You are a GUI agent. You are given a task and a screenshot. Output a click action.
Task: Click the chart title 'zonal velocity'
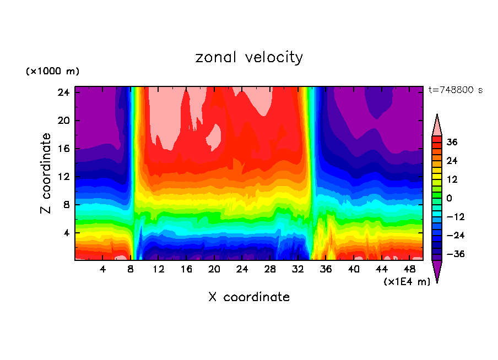pyautogui.click(x=249, y=57)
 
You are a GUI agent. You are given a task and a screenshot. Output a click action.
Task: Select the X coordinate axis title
pyautogui.click(x=249, y=297)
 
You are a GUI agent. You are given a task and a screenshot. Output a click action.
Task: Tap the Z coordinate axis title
pyautogui.click(x=46, y=173)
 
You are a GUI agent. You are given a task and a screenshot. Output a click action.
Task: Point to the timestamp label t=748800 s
pyautogui.click(x=455, y=90)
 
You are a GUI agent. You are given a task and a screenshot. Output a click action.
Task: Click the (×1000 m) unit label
pyautogui.click(x=52, y=72)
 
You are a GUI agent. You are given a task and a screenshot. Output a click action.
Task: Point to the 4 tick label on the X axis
pyautogui.click(x=103, y=269)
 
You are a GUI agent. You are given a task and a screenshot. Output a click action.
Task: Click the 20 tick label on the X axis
pyautogui.click(x=214, y=269)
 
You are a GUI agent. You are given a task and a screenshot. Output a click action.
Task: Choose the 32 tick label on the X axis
pyautogui.click(x=298, y=269)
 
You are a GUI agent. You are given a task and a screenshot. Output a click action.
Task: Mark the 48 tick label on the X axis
pyautogui.click(x=410, y=269)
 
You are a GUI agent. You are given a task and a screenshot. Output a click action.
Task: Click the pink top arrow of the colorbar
pyautogui.click(x=437, y=126)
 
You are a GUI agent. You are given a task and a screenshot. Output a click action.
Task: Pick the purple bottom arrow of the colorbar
pyautogui.click(x=437, y=271)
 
